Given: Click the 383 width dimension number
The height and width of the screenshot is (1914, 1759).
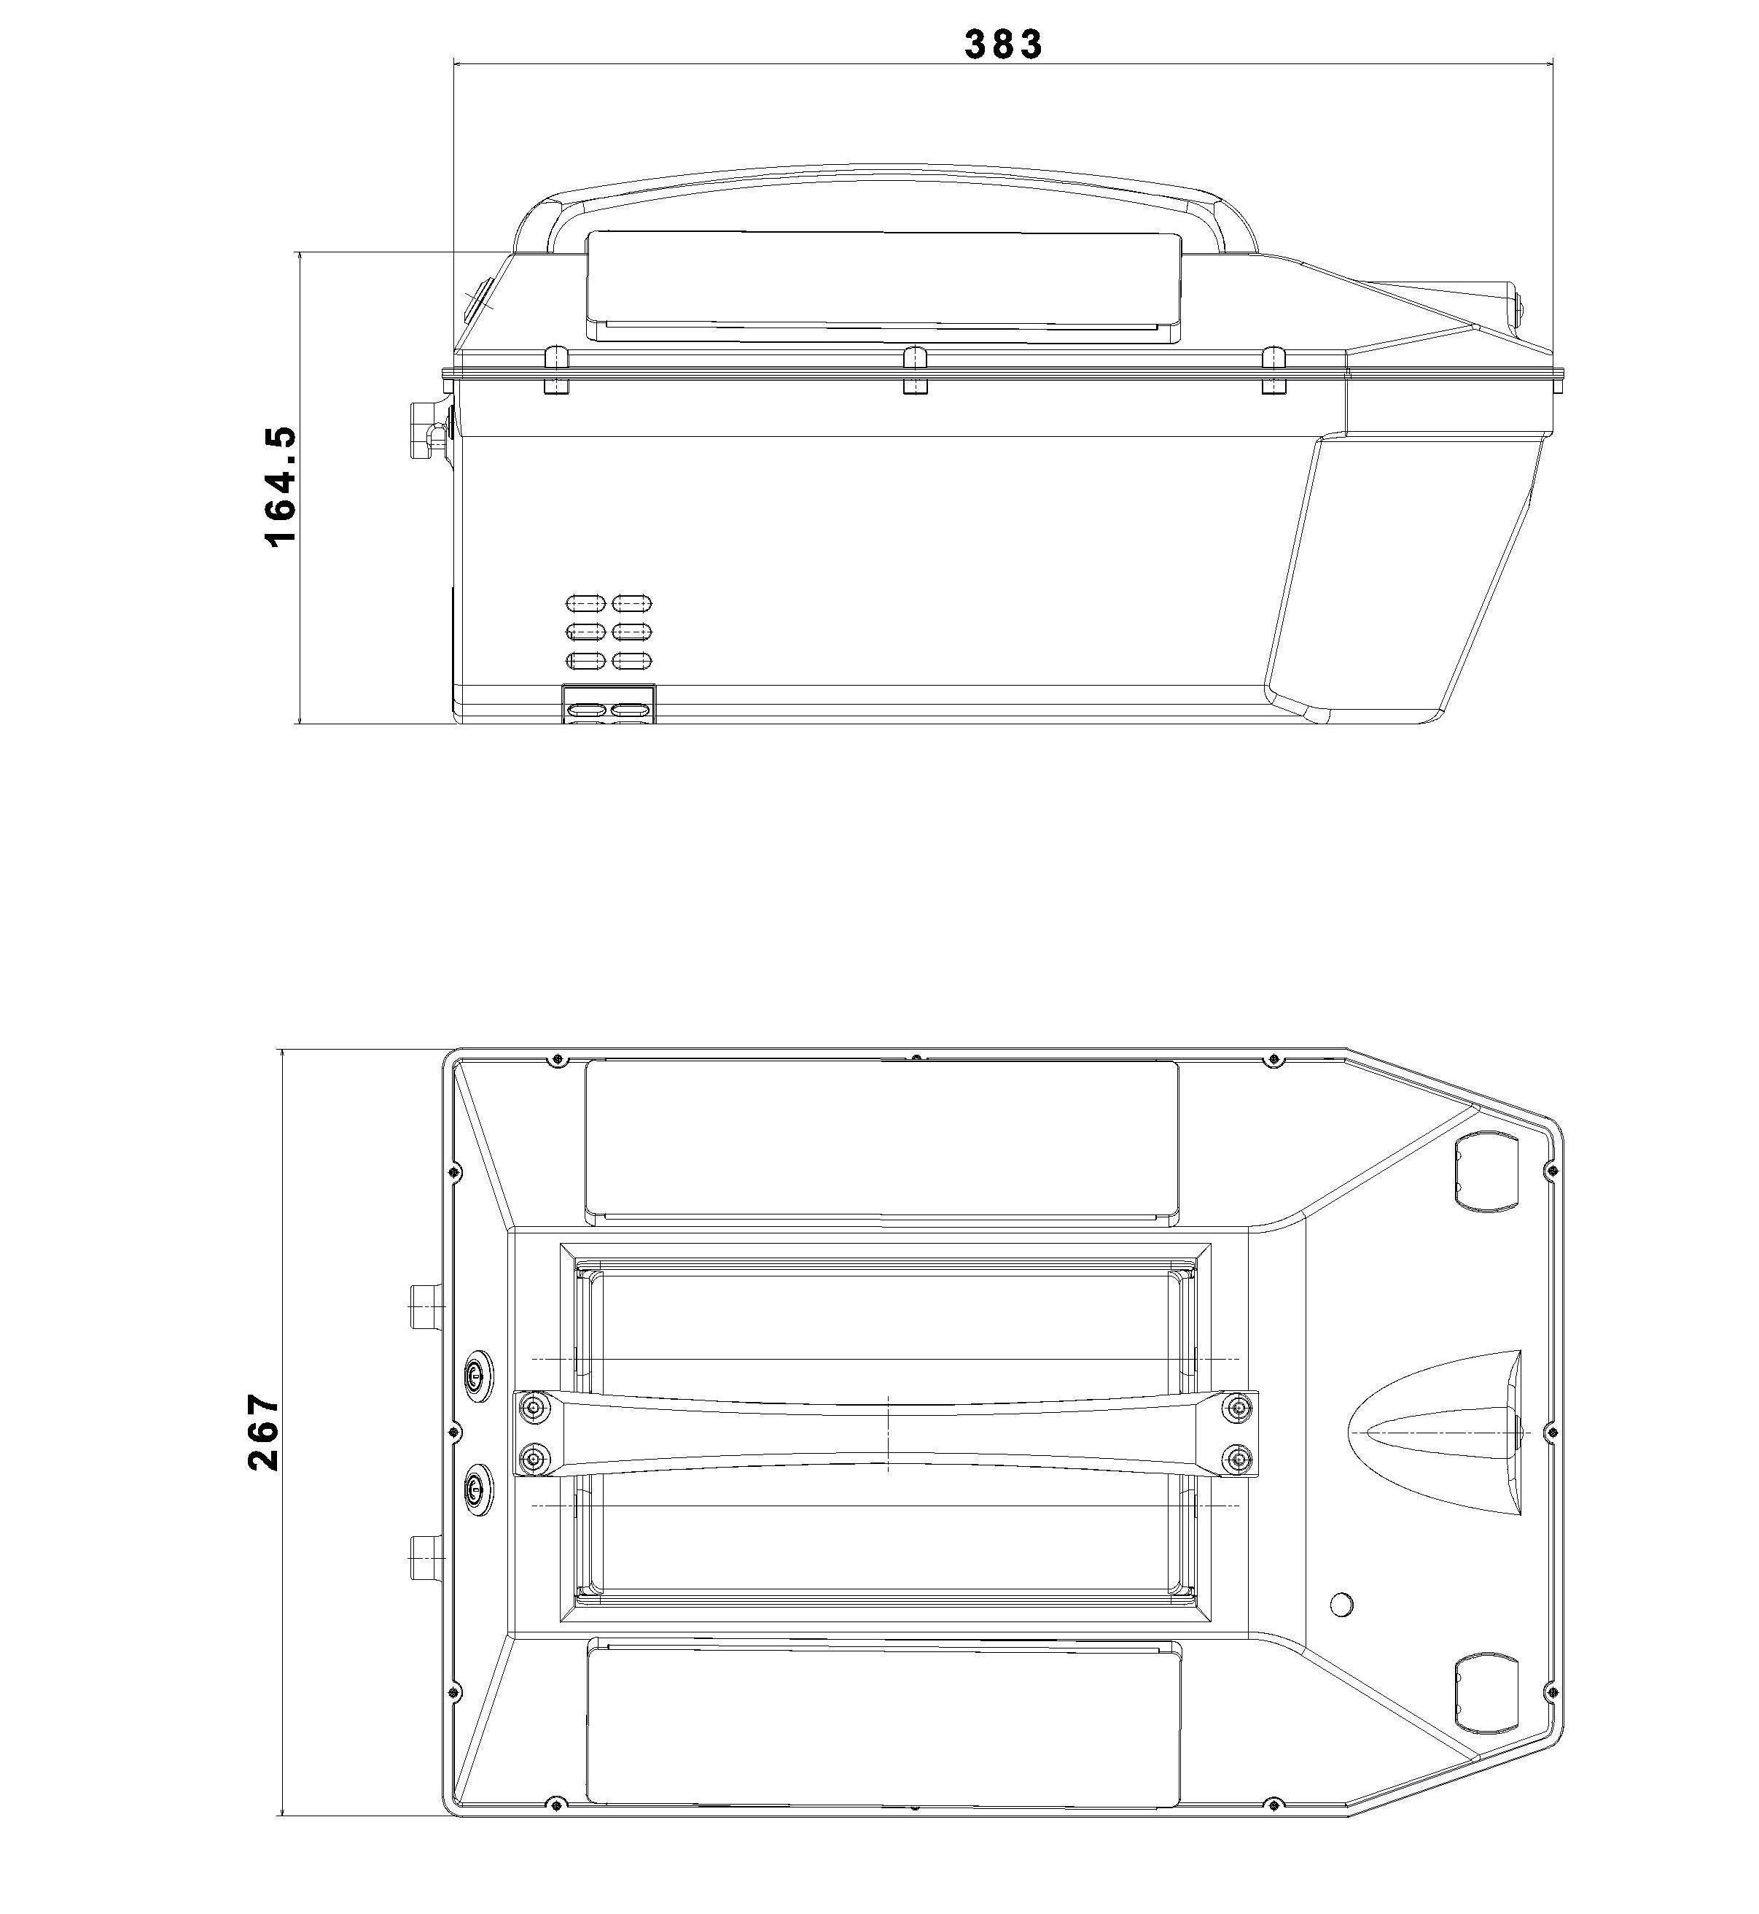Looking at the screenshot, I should pos(1003,44).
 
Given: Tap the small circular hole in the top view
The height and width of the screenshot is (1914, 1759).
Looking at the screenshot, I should pos(1341,1605).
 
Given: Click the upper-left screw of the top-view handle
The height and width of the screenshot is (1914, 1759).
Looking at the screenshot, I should pos(536,1407).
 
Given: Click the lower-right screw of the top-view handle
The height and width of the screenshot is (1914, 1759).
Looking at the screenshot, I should pos(1237,1459).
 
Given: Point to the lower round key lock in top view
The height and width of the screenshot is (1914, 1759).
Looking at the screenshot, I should pos(476,1491).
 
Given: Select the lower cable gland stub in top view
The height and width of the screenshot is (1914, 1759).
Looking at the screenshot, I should pos(426,1558).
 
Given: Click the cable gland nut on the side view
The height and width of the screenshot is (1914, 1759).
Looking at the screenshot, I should pos(421,430).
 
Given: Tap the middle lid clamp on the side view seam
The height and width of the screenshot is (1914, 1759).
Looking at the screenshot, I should pos(915,371).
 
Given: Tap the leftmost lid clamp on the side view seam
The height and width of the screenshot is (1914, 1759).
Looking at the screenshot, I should pos(556,371).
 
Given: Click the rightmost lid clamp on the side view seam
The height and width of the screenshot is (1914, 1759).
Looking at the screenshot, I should pos(1274,371).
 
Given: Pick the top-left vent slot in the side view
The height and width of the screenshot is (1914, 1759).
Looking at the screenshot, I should pos(585,603).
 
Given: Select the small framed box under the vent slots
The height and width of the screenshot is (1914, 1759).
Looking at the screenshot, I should pos(609,705).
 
